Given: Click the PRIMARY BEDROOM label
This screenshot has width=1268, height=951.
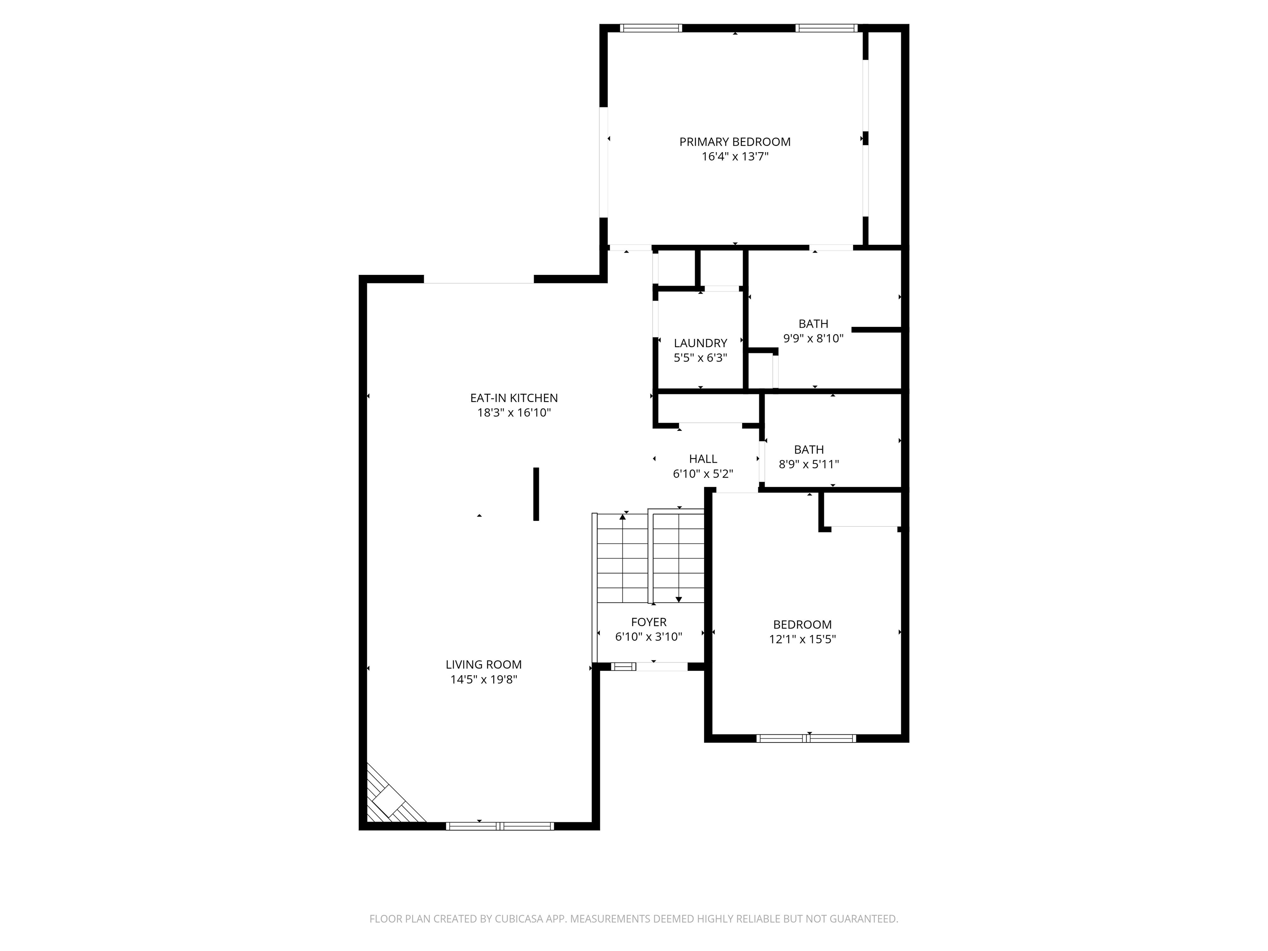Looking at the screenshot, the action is click(x=735, y=142).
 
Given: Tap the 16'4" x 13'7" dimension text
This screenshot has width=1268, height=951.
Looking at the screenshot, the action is click(x=735, y=156).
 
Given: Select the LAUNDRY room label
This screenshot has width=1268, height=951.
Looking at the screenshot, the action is click(x=700, y=343).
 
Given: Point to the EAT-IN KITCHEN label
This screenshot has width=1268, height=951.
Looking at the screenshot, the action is click(x=513, y=398).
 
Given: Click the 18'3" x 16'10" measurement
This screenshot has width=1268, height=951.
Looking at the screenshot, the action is click(x=513, y=413).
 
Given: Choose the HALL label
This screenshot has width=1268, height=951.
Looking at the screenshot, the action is click(x=703, y=459).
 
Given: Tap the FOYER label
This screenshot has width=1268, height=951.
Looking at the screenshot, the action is click(x=648, y=622).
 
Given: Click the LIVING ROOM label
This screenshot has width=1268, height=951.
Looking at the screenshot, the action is click(x=483, y=665).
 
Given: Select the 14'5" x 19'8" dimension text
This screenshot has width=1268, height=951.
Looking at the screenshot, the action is click(x=483, y=679).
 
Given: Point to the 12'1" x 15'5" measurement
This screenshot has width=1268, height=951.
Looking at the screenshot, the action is click(x=802, y=639).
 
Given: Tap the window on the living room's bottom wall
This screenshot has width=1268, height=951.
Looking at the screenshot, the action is click(x=500, y=826).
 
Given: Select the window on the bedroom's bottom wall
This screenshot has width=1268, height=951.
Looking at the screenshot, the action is click(x=806, y=738).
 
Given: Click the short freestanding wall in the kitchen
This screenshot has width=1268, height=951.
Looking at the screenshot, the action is click(x=536, y=494).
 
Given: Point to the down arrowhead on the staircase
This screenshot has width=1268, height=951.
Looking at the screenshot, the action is click(x=679, y=600).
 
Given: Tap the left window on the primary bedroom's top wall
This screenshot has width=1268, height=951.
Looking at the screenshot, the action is click(x=651, y=28).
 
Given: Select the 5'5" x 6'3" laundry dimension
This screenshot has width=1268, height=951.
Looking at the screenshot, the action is click(x=700, y=358).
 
